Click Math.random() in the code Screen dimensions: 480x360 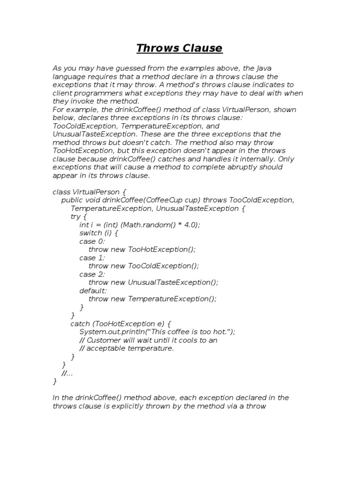pos(148,225)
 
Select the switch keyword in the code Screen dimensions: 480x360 pos(90,233)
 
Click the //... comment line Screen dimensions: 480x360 pos(67,373)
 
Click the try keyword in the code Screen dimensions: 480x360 pos(75,217)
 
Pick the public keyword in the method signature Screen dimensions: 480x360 pos(73,200)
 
